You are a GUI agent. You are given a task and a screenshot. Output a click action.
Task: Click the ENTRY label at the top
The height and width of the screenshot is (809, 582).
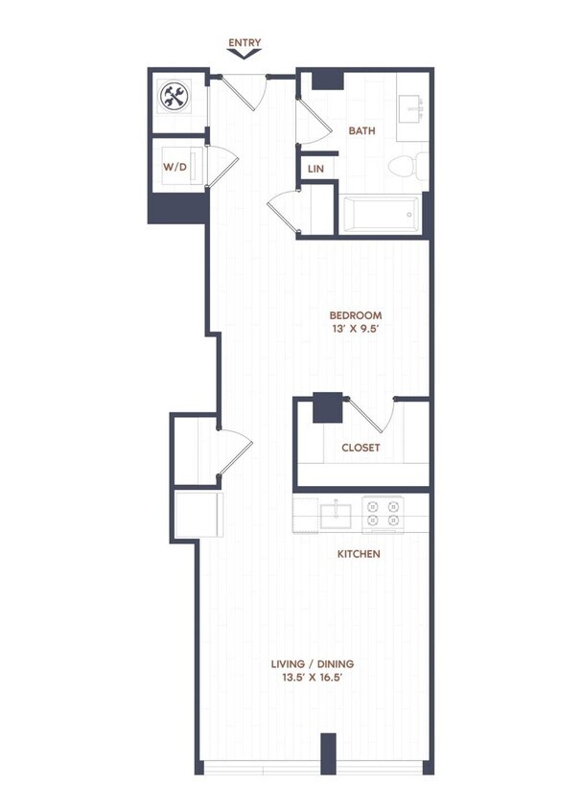244,43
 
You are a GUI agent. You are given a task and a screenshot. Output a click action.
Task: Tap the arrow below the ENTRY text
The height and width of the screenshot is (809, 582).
244,56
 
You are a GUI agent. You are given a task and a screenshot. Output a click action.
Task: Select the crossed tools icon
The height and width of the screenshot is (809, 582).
174,96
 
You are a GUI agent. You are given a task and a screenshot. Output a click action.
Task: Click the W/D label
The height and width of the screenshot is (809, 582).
174,167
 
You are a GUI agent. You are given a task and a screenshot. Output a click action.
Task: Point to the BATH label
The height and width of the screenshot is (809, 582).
361,131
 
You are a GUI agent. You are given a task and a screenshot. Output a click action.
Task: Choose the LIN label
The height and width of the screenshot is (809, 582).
315,169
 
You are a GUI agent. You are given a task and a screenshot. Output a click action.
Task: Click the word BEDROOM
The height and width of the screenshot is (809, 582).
356,315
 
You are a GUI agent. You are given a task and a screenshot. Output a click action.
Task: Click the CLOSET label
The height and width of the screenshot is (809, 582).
361,448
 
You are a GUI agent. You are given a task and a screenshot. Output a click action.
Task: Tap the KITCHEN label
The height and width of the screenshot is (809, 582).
359,554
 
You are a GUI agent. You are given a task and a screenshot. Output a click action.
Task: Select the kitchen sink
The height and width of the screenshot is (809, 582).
338,514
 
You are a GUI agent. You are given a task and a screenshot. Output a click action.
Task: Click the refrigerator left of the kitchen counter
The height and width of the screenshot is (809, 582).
198,514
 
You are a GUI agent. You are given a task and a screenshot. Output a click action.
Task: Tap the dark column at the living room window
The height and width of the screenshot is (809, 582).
328,752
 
